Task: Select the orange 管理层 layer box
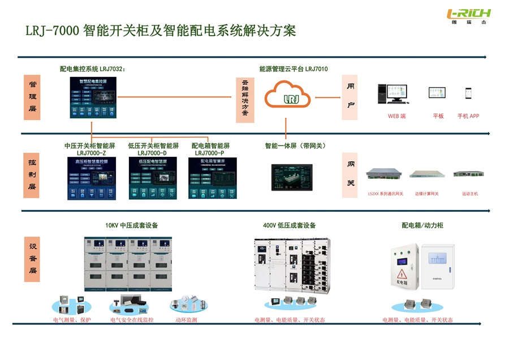[33, 96]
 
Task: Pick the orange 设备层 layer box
[33, 259]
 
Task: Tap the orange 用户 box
[350, 96]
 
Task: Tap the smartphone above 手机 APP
[468, 93]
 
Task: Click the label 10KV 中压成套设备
[132, 225]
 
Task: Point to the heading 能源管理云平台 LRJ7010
[294, 69]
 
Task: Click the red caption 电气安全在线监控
[132, 320]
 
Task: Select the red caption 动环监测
[187, 320]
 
